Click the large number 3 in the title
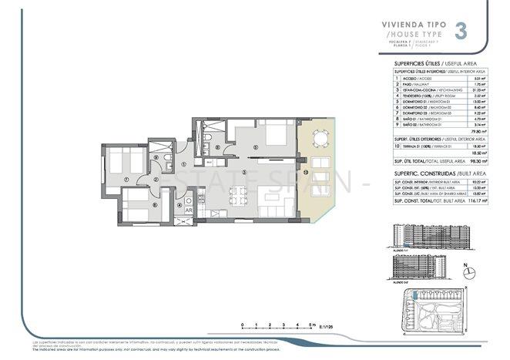point(460,32)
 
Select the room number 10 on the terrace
point(305,172)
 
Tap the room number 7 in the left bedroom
point(126,182)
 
